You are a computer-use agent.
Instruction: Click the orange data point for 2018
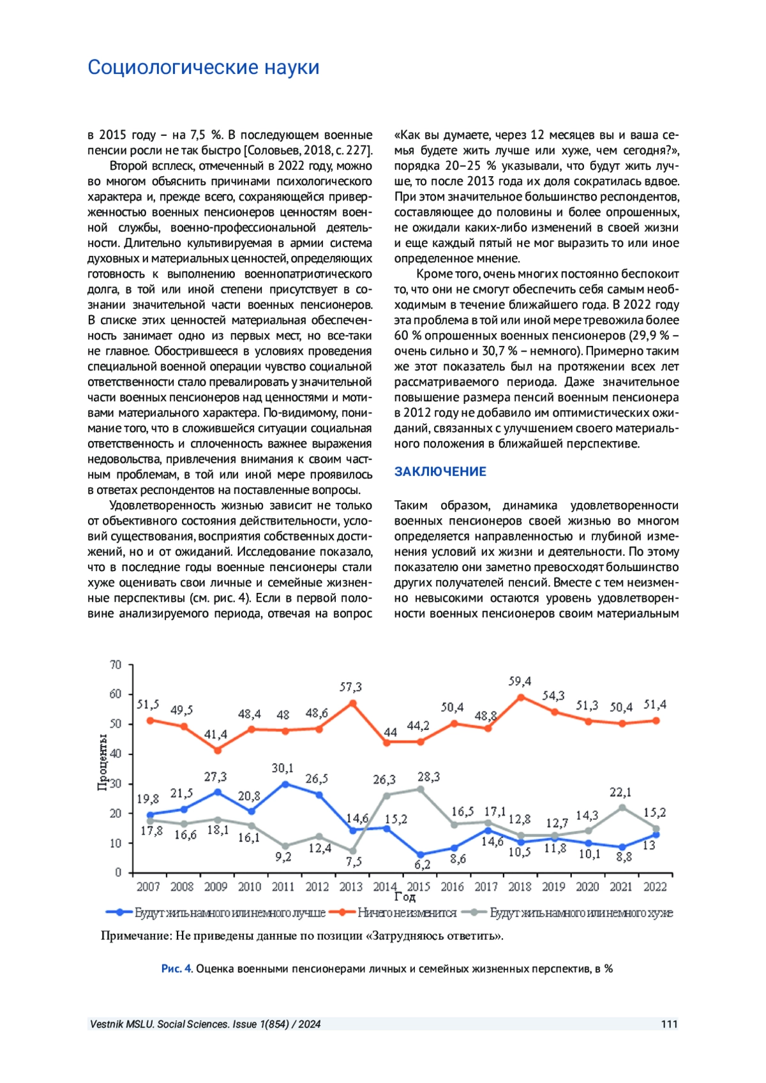tap(521, 697)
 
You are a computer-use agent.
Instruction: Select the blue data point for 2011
tap(285, 784)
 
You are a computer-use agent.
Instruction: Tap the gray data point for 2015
tap(420, 789)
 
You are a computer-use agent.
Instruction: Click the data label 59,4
tap(520, 681)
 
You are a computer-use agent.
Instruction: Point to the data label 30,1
tap(282, 768)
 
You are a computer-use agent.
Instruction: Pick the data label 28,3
tap(428, 777)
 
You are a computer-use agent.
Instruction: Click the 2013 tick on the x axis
tap(350, 886)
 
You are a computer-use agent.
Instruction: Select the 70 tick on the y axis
tap(116, 664)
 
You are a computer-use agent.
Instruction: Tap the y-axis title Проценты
tap(102, 762)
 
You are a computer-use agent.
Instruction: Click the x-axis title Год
tap(405, 897)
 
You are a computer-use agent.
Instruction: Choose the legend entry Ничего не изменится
tap(407, 913)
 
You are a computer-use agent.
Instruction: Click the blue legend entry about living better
tap(230, 913)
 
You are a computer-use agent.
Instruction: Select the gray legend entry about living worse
tap(581, 913)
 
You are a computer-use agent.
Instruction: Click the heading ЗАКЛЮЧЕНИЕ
tap(440, 472)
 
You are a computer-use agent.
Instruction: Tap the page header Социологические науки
tap(203, 67)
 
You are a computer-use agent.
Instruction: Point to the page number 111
tap(669, 1024)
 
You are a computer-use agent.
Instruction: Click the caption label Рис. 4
tap(176, 969)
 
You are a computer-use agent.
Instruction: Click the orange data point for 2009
tap(218, 751)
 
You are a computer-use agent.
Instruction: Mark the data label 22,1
tap(620, 792)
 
